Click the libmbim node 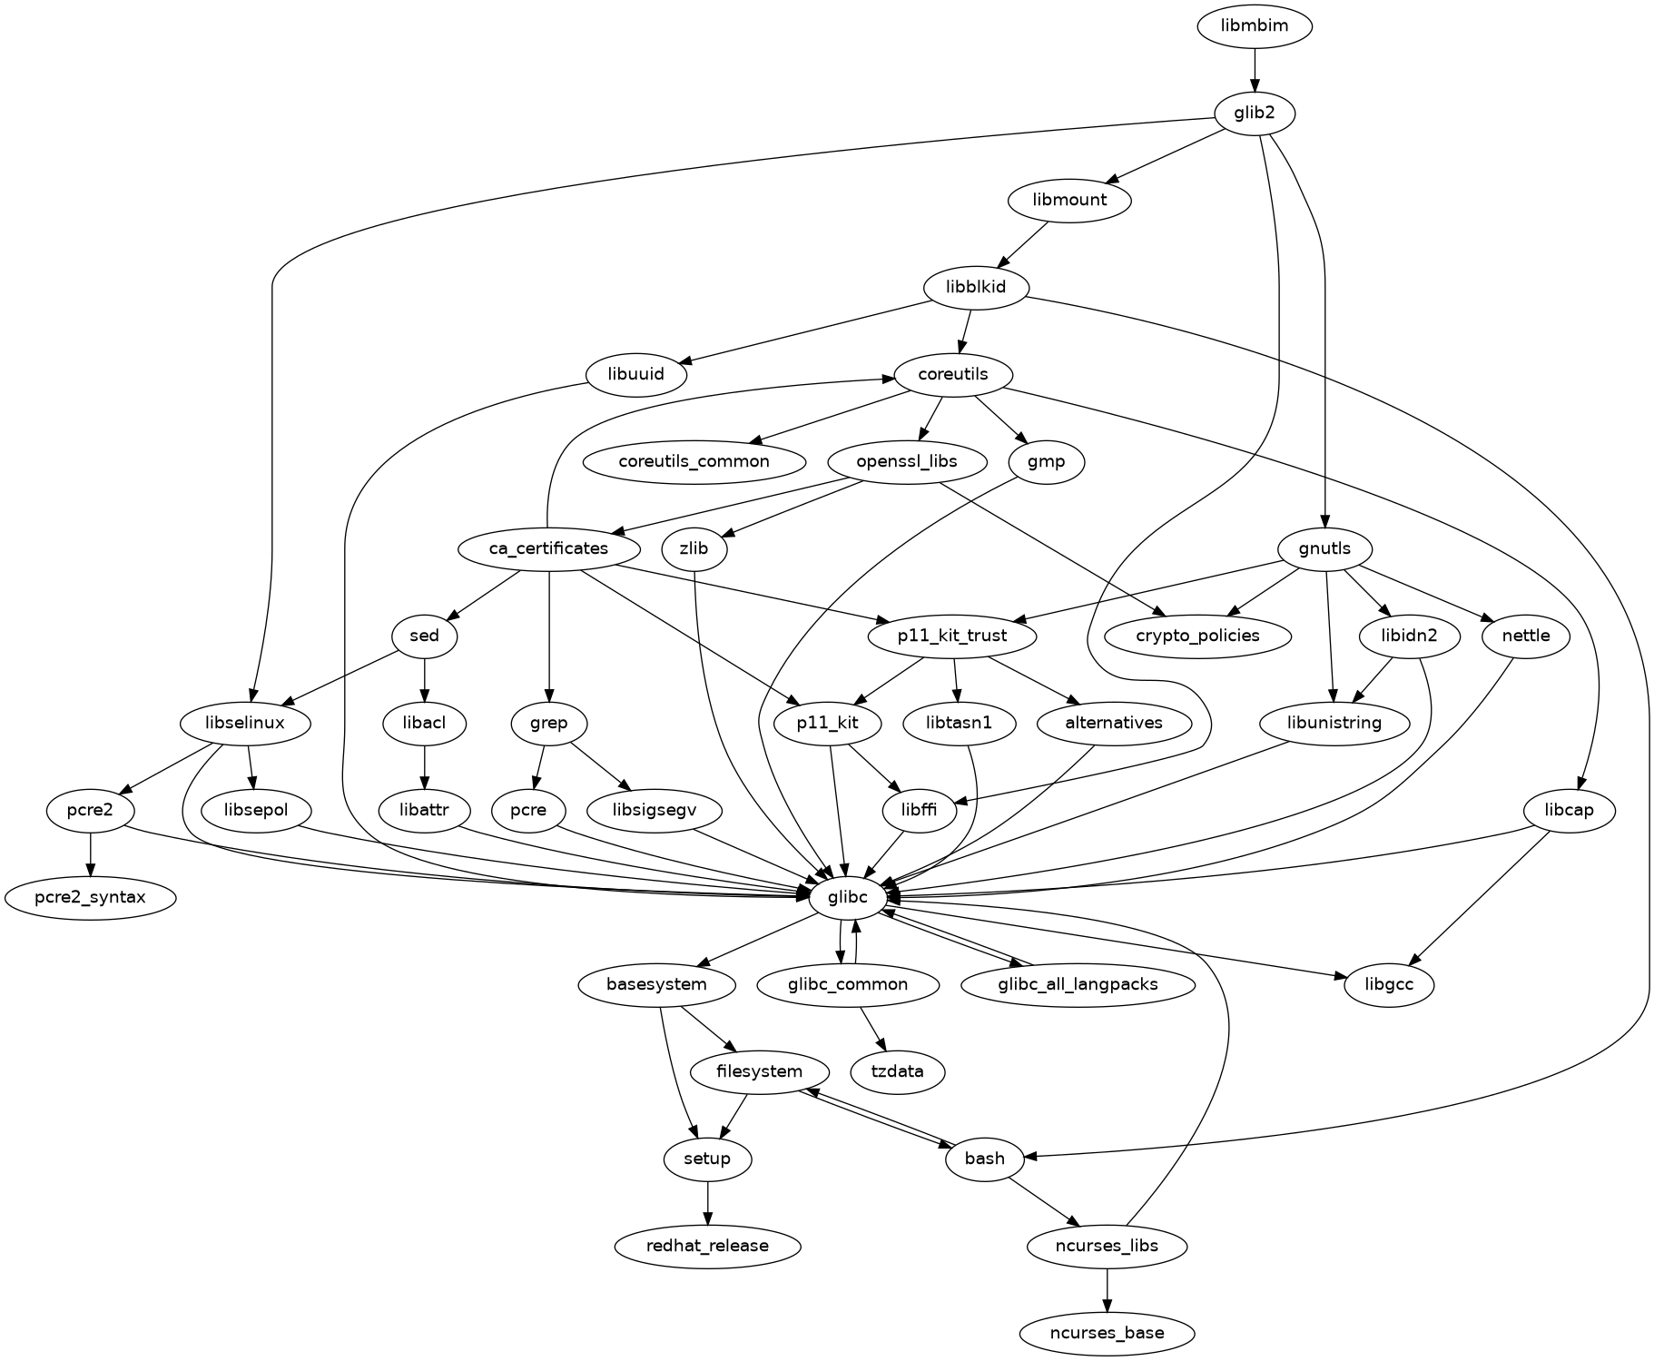1254,25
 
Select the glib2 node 1254,113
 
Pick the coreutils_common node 694,461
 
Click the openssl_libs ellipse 906,461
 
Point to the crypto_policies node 1197,636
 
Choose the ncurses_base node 1106,1333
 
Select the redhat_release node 707,1246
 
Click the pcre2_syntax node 90,897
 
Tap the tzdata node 897,1071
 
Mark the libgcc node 1388,984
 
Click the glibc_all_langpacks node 1077,984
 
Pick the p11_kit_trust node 951,636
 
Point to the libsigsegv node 642,810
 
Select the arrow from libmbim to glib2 1254,70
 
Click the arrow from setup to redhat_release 707,1203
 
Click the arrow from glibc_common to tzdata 871,1029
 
